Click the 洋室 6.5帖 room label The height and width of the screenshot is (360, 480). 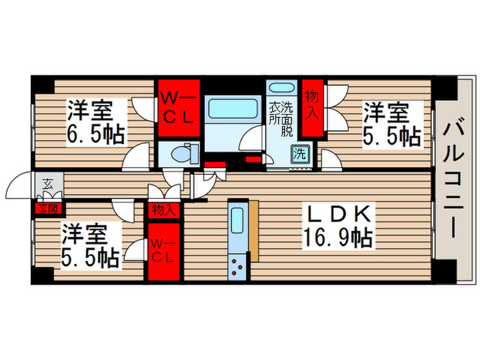(96, 122)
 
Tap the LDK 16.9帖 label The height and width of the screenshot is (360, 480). (338, 226)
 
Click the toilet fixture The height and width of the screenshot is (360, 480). (184, 153)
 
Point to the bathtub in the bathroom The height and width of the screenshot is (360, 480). (232, 109)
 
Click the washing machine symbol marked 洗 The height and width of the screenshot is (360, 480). (300, 154)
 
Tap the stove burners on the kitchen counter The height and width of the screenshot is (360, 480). (237, 267)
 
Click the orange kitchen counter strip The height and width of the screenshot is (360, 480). (254, 231)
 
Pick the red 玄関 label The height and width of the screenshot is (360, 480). (49, 208)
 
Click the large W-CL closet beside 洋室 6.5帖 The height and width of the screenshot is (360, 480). (179, 108)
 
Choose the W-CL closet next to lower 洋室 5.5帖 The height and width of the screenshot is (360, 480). (164, 252)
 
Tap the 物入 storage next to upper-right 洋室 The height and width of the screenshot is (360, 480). (313, 108)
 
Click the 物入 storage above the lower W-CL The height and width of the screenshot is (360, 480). (163, 211)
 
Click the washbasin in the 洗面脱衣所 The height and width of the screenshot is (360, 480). (281, 87)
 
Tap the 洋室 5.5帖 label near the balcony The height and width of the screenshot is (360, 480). (392, 124)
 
